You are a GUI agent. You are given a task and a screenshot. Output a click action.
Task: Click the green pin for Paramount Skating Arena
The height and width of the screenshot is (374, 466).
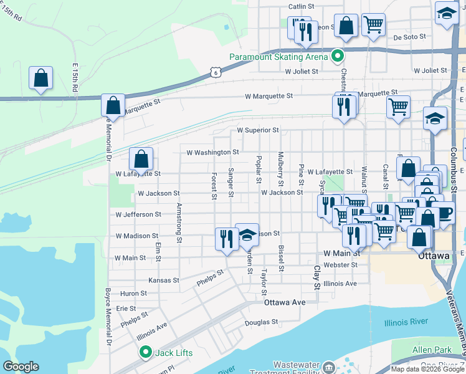[338, 56]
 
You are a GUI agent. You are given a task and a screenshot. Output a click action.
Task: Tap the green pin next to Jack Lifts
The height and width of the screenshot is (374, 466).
[146, 352]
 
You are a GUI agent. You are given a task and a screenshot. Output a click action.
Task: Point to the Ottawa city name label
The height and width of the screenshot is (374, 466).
[434, 256]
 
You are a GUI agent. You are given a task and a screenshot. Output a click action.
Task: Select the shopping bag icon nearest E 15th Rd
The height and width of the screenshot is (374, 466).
[40, 79]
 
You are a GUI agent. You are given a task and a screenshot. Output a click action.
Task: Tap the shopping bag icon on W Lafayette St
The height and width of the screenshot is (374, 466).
[141, 160]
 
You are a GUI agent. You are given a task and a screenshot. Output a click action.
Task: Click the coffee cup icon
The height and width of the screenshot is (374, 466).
[445, 213]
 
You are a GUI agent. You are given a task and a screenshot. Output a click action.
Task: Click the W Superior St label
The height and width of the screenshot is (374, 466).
[257, 130]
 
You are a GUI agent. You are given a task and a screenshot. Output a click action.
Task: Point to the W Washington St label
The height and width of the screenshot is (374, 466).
[212, 152]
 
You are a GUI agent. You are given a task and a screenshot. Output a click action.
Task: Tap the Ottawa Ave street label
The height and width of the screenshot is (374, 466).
[285, 302]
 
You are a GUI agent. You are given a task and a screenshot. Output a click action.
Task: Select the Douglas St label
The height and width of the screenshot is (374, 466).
[261, 322]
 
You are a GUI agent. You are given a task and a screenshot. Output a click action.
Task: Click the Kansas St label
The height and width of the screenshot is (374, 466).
[164, 280]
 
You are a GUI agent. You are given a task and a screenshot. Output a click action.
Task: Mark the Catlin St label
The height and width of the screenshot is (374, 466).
[300, 7]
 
